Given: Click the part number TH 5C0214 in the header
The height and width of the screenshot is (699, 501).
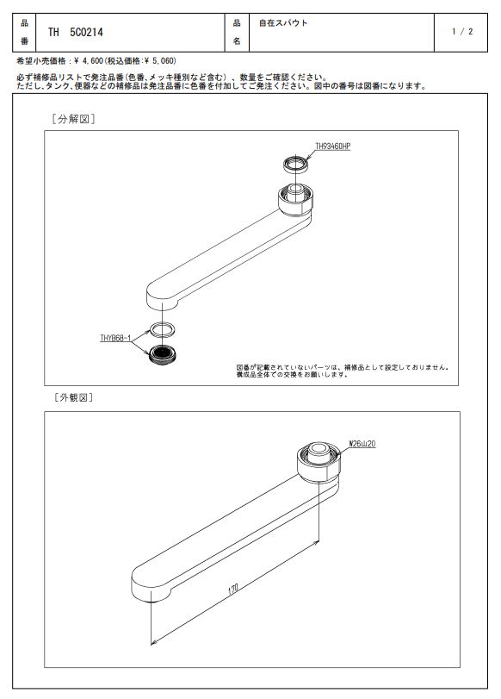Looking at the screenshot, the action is pyautogui.click(x=75, y=32).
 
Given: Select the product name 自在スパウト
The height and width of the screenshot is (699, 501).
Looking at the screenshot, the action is pyautogui.click(x=283, y=22).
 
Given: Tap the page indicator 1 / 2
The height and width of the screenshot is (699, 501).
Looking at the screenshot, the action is pyautogui.click(x=462, y=32).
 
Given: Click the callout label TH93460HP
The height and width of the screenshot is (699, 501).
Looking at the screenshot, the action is pyautogui.click(x=332, y=147).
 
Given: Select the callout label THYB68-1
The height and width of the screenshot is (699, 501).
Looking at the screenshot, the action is pyautogui.click(x=115, y=339).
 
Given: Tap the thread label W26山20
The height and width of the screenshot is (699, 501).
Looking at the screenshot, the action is pyautogui.click(x=362, y=444).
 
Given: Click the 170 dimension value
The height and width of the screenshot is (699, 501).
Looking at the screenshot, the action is pyautogui.click(x=233, y=590).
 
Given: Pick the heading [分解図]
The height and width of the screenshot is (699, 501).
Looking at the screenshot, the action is pyautogui.click(x=73, y=119).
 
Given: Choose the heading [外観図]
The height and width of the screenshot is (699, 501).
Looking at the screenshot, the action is pyautogui.click(x=73, y=397).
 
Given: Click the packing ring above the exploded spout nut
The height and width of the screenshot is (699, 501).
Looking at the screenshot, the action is pyautogui.click(x=296, y=164).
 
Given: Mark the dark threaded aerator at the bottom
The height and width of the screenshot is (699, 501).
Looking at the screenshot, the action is pyautogui.click(x=163, y=354).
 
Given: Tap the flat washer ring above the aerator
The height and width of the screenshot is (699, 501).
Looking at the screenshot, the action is pyautogui.click(x=162, y=329).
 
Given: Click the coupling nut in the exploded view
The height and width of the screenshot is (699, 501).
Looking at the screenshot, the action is pyautogui.click(x=296, y=199).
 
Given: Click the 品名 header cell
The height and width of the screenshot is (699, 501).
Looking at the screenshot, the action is pyautogui.click(x=237, y=32).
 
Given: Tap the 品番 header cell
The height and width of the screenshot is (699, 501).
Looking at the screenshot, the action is pyautogui.click(x=24, y=32).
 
